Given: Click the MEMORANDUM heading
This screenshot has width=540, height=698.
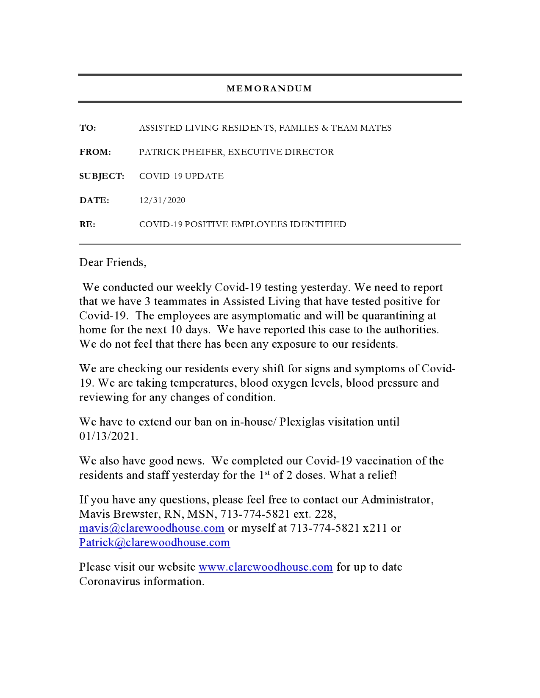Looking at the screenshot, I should (269, 88).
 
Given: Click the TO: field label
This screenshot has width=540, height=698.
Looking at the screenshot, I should (88, 128).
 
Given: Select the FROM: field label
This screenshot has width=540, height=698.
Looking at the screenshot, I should (95, 152).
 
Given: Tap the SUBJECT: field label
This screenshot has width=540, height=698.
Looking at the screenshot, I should (102, 176).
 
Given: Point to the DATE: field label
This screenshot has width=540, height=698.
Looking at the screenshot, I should (94, 200).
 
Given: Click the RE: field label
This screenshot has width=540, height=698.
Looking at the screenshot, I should (87, 224).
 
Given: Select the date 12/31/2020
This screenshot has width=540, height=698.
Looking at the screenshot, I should (162, 200).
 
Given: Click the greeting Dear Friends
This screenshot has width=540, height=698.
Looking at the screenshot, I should (113, 262).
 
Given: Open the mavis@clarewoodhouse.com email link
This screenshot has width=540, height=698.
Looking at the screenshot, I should (152, 528).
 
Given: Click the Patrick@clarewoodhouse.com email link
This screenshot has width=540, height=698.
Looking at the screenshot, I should (155, 542).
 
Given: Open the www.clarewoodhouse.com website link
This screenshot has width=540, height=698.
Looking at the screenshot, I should (266, 567).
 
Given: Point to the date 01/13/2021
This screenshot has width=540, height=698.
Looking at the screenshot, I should (108, 436).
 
